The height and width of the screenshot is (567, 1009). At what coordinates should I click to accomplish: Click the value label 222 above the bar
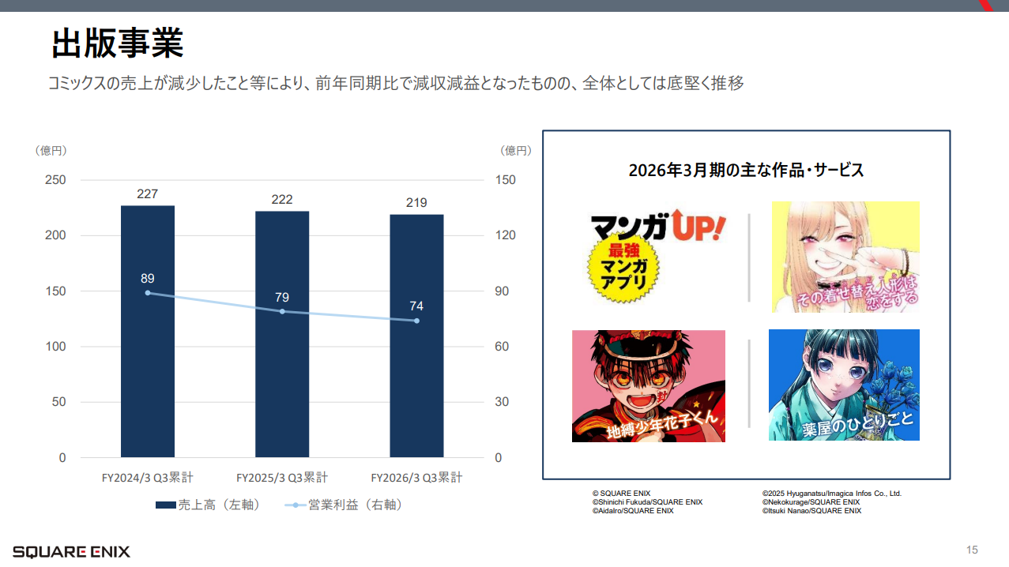coord(282,199)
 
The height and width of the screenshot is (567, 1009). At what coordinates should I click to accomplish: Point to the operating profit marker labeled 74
coord(416,321)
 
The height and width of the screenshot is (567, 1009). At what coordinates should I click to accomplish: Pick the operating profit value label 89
coord(148,278)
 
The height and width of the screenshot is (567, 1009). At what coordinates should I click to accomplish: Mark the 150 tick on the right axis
coord(505,180)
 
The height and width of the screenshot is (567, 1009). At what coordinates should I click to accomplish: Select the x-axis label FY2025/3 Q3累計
coord(282,478)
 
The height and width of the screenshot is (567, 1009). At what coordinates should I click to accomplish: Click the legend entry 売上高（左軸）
coord(208,505)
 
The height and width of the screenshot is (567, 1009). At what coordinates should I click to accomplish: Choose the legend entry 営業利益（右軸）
coord(344,505)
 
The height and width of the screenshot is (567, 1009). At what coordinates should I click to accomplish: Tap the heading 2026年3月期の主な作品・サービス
coord(746,170)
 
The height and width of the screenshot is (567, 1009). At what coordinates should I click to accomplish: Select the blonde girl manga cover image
coord(845,257)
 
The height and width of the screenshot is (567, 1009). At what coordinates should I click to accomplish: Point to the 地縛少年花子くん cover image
coord(648,385)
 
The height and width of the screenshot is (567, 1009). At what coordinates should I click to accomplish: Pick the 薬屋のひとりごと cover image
coord(844,385)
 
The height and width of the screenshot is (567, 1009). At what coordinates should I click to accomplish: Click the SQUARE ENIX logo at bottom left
coord(71,551)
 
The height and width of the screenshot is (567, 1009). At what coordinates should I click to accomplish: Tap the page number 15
coord(972,550)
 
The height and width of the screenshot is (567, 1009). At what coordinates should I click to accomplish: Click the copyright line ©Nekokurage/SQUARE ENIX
coord(811,502)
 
